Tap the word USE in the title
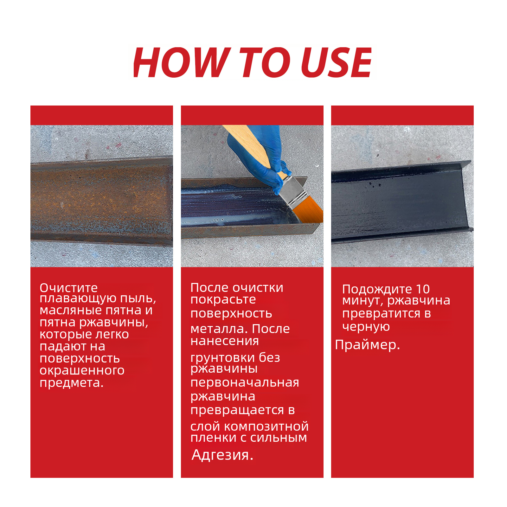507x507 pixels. tap(336, 62)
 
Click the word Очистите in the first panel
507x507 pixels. tap(69, 288)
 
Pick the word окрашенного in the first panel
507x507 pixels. tap(82, 370)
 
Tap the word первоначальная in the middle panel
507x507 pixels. tap(245, 382)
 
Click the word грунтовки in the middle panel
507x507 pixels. tap(222, 358)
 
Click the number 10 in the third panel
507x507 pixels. tap(423, 289)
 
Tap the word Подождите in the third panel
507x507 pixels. tap(377, 289)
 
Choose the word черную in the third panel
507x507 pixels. tap(366, 327)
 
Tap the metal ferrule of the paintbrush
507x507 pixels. tap(293, 190)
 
